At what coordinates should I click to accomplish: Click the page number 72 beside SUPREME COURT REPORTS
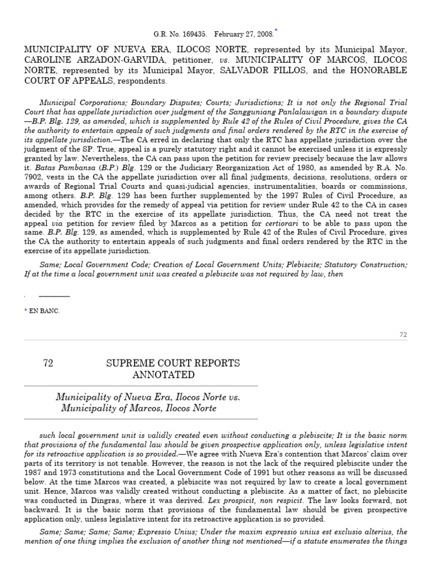[48, 363]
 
